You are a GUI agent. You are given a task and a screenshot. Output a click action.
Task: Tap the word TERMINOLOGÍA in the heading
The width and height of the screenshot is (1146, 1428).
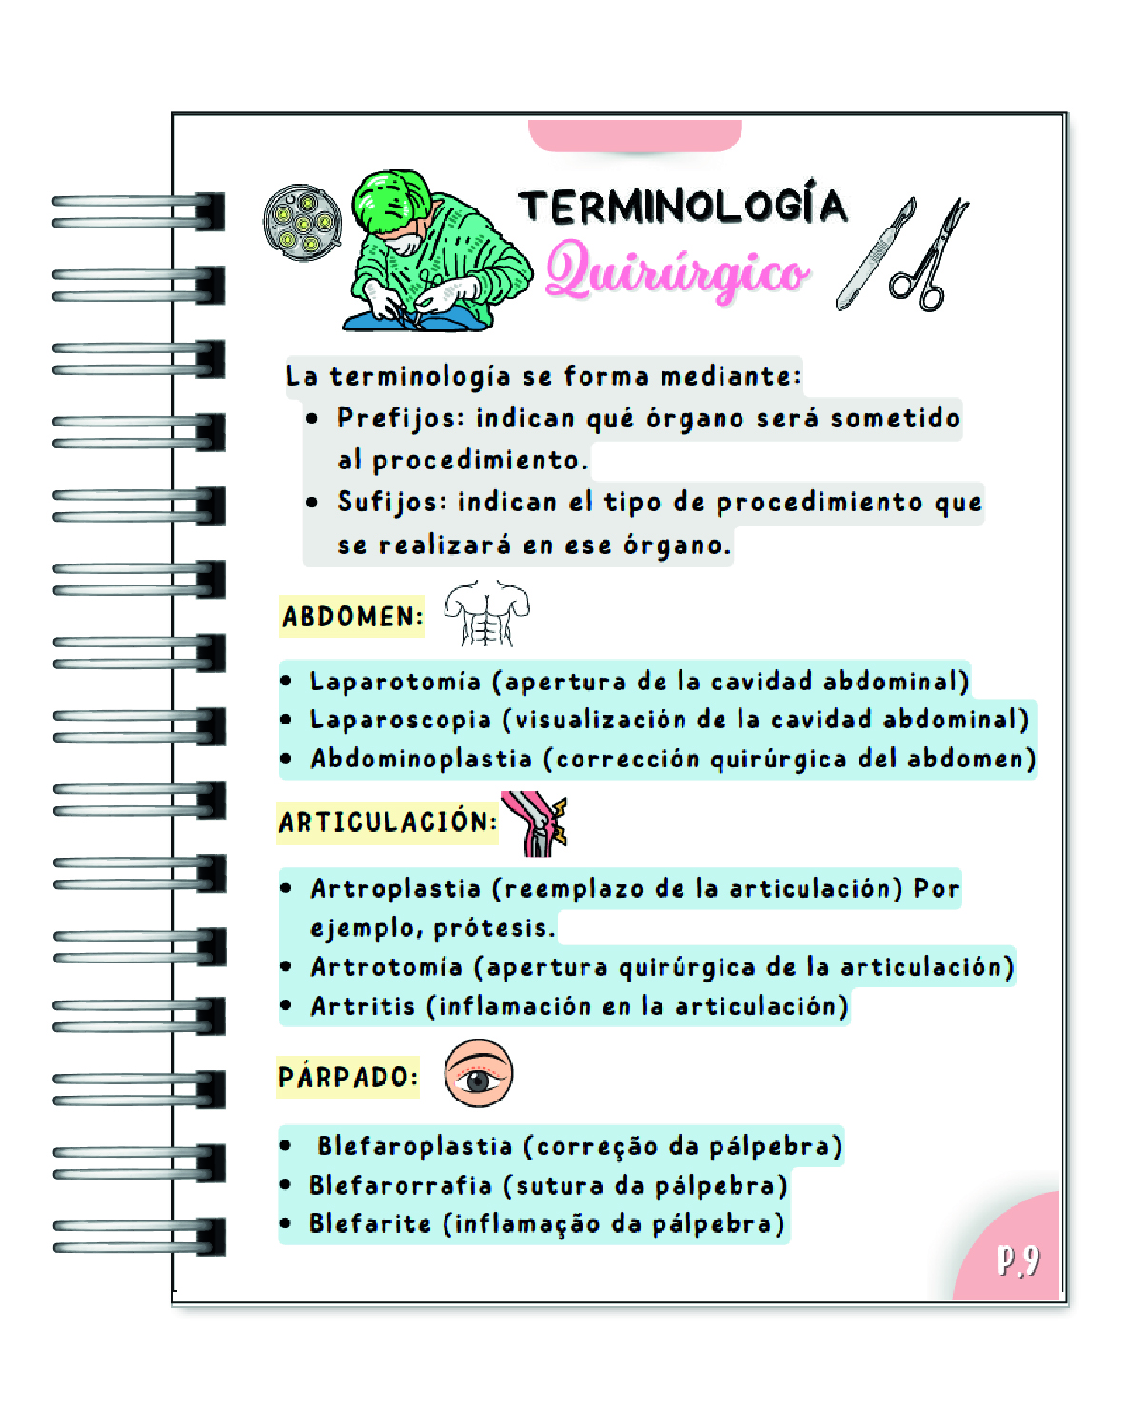(682, 207)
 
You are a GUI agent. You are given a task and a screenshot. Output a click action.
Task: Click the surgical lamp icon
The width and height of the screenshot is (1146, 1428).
(302, 223)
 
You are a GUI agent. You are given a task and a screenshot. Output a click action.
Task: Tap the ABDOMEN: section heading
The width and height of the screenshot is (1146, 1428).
(351, 617)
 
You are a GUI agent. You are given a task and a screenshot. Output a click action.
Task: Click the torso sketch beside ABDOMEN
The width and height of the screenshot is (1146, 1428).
(486, 613)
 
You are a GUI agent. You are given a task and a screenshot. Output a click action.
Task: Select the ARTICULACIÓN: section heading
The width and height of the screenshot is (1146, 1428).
(386, 822)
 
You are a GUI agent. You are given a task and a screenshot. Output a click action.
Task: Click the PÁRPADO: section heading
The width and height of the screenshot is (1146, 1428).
(347, 1077)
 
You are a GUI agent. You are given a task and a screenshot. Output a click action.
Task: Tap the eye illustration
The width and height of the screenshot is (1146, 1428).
(479, 1074)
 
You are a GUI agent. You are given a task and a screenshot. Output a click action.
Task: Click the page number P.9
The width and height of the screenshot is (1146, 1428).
(1018, 1259)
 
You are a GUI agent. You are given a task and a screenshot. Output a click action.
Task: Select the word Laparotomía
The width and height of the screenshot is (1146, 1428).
(395, 682)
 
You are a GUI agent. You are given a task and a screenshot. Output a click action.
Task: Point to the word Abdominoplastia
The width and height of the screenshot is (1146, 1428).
(421, 759)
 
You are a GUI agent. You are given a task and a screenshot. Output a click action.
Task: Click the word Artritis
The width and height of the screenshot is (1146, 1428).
(363, 1006)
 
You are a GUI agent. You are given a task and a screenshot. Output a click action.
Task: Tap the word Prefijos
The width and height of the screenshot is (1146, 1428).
(400, 418)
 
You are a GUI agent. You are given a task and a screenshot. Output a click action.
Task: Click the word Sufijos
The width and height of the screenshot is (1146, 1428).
(391, 502)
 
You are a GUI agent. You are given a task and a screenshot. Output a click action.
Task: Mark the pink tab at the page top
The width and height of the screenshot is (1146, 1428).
(635, 135)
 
